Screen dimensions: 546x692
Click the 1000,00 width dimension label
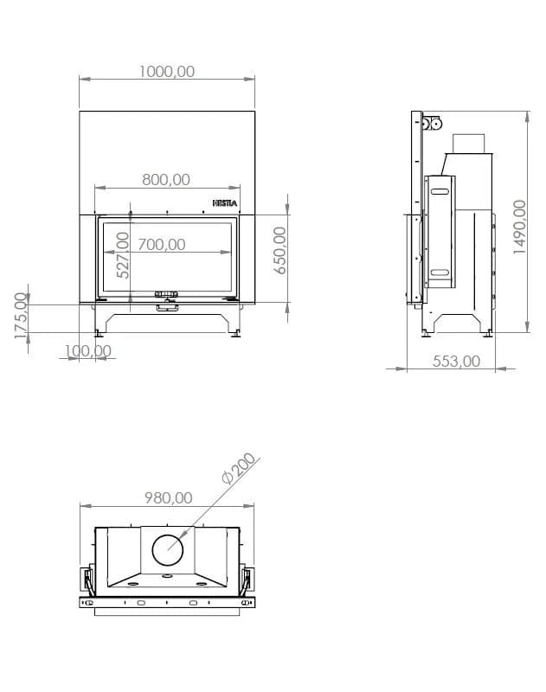[167, 72]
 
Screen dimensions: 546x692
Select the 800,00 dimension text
[166, 180]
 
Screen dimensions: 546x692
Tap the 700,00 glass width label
[162, 245]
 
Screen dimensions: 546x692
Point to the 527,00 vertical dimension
[123, 255]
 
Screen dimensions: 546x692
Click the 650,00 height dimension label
[280, 250]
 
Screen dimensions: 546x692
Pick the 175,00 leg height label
[21, 316]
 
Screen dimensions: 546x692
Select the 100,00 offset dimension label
[88, 351]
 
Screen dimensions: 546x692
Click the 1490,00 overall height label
[519, 227]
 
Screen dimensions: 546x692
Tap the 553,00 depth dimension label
[456, 362]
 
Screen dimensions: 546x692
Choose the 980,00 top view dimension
[169, 498]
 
